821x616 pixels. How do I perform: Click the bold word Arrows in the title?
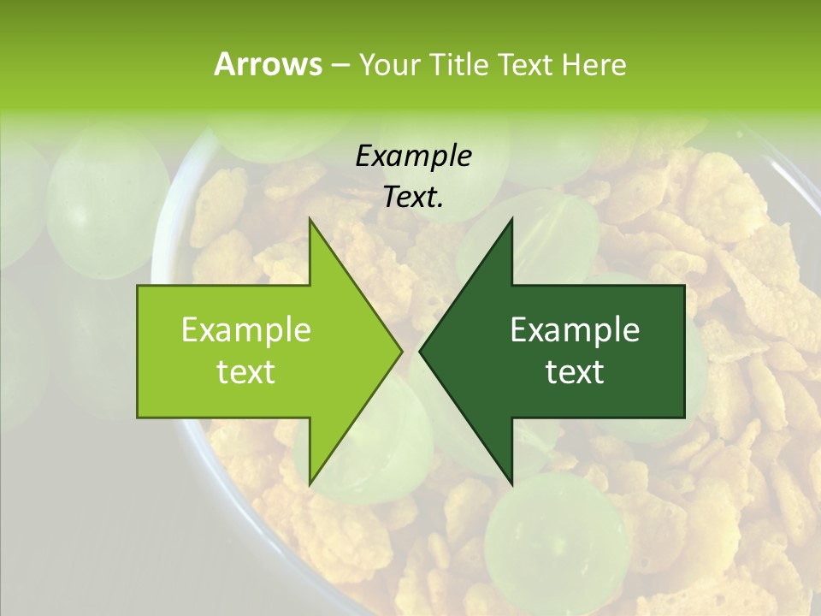click(x=268, y=64)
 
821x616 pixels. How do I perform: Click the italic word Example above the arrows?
click(x=413, y=156)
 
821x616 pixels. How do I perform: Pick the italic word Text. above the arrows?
click(x=413, y=197)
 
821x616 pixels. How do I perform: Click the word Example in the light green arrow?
click(x=246, y=329)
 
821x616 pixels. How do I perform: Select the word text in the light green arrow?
click(x=246, y=372)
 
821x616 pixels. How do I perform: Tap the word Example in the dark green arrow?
click(x=575, y=329)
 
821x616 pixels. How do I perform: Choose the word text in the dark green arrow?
click(x=575, y=372)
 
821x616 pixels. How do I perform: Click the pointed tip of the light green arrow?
click(x=400, y=351)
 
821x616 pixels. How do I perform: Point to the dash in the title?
click(x=340, y=65)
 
